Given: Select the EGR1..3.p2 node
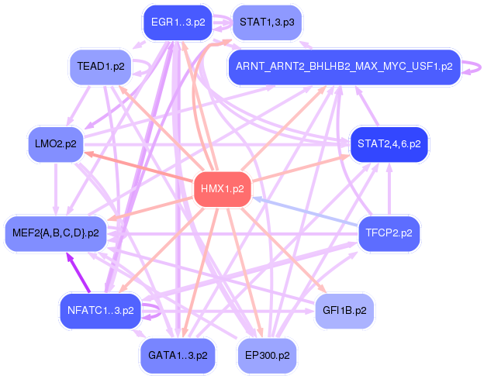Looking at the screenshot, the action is (x=178, y=22).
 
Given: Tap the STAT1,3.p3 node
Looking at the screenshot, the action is (x=266, y=22).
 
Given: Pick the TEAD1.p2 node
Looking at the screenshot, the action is (x=101, y=66).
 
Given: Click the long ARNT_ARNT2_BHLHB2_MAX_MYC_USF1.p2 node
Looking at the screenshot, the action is (x=344, y=67).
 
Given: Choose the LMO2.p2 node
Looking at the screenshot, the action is (x=56, y=144).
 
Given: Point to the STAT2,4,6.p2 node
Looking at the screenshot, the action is (x=388, y=144).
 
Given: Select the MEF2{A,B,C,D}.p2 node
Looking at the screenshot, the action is (x=56, y=233).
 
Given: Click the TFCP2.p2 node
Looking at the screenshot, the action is (x=389, y=232).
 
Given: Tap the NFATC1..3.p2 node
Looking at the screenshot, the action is (x=100, y=311).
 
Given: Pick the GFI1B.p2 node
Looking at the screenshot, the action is (x=344, y=310).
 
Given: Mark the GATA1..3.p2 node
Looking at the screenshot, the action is (x=178, y=355).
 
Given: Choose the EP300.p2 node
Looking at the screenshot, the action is (x=267, y=355).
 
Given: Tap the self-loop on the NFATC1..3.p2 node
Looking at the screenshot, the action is (x=155, y=312).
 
